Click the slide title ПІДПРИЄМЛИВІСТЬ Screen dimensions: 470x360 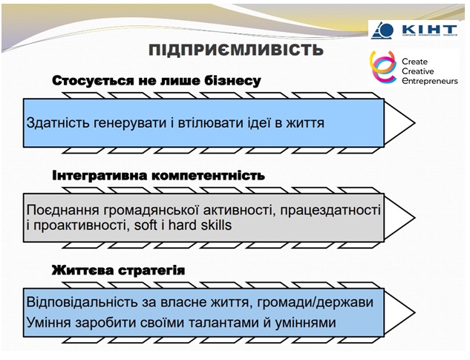pos(236,50)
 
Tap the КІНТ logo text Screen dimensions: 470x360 pos(430,30)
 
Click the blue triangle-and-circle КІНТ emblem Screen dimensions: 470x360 pos(382,30)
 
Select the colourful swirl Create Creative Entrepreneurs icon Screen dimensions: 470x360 pos(383,67)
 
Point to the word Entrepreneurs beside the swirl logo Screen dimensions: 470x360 pos(430,81)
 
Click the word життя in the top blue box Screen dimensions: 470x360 pos(305,123)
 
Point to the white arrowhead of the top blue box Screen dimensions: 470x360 pos(399,123)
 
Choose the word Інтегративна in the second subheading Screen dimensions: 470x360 pos(99,176)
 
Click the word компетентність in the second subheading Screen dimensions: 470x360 pos(209,176)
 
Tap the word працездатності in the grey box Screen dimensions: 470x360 pos(330,210)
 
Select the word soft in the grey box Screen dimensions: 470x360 pos(146,225)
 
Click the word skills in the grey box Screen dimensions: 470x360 pos(216,225)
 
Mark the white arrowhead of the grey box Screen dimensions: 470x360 pos(399,218)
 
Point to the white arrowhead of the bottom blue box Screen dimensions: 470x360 pos(399,312)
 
